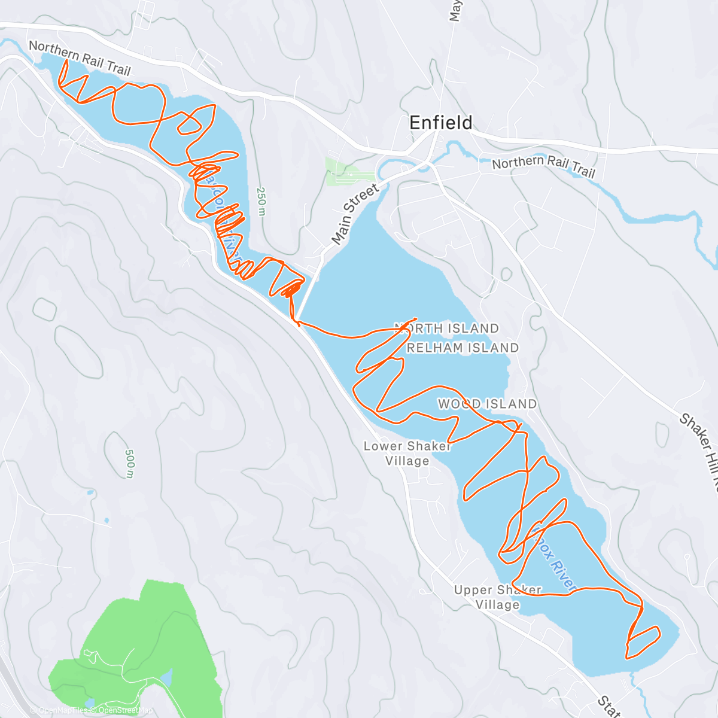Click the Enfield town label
click(x=440, y=123)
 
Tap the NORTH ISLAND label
click(x=447, y=328)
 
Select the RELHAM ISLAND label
click(x=463, y=348)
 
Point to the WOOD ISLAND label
click(x=487, y=404)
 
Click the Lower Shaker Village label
click(x=407, y=453)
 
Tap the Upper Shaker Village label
click(x=497, y=597)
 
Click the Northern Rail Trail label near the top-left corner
click(x=80, y=57)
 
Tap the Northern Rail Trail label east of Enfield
click(x=543, y=166)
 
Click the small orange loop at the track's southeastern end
click(x=643, y=641)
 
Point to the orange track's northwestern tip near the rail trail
click(x=62, y=62)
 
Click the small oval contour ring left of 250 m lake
click(x=44, y=308)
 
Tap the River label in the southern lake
click(x=560, y=571)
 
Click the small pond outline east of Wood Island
click(x=662, y=435)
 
